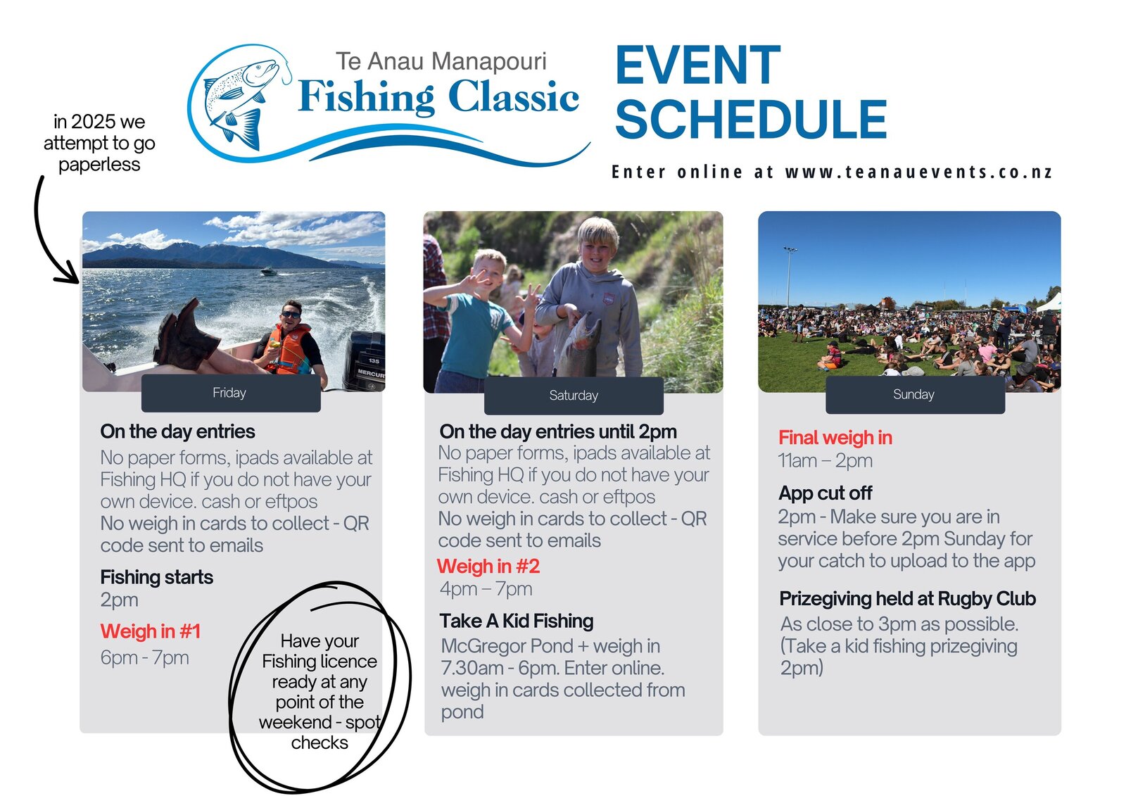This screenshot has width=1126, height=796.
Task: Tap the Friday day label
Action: (x=229, y=393)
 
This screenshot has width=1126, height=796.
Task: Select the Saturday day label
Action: (x=574, y=396)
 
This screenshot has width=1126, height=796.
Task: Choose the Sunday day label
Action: (x=913, y=394)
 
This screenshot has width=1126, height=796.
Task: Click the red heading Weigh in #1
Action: (x=151, y=631)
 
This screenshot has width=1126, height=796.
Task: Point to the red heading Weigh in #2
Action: (x=488, y=566)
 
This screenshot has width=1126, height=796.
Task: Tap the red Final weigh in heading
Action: (x=835, y=438)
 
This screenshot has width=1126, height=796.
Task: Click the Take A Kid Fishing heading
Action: (x=517, y=621)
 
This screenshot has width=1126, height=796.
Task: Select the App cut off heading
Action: (x=825, y=493)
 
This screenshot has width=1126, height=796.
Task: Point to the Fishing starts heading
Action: (x=156, y=577)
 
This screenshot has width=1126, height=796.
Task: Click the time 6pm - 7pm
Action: (x=145, y=658)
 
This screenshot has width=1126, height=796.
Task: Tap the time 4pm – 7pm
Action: (x=486, y=589)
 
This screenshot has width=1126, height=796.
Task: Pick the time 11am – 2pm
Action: (x=825, y=460)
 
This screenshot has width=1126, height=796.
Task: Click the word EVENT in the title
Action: (x=697, y=65)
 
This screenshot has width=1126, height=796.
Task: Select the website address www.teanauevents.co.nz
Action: (x=918, y=172)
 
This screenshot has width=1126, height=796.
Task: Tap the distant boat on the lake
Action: (x=269, y=272)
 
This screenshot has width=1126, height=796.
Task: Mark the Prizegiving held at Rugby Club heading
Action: (x=907, y=599)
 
